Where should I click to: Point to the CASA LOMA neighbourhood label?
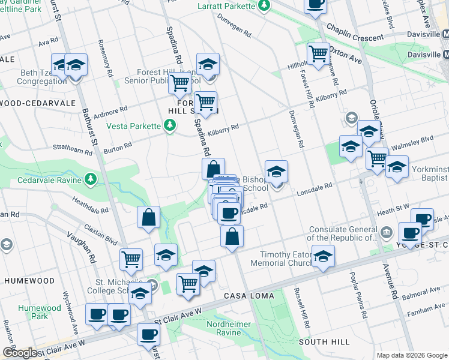pyautogui.click(x=249, y=296)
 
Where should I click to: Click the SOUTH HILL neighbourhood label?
pyautogui.click(x=324, y=342)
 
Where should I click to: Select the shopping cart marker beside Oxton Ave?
pyautogui.click(x=318, y=53)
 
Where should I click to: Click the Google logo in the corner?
pyautogui.click(x=20, y=353)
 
